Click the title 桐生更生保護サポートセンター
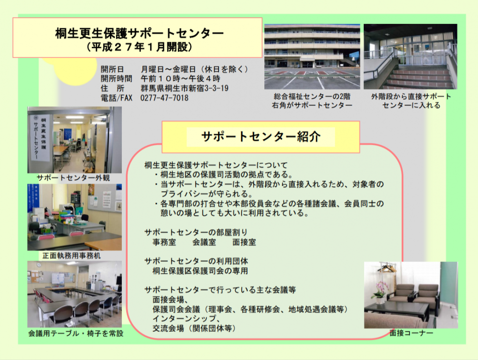[139, 33]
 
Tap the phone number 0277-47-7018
[164, 98]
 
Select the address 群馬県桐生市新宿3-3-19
[185, 88]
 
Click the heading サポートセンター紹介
[261, 137]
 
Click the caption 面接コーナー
[411, 333]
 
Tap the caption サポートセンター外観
[73, 178]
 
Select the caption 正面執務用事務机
[72, 255]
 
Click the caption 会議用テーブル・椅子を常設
[76, 334]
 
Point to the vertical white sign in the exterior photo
[40, 138]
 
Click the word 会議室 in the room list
[204, 242]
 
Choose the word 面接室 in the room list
[244, 242]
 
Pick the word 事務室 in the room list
[164, 242]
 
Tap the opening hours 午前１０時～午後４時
[180, 78]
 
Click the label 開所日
[112, 69]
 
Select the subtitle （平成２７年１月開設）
[140, 47]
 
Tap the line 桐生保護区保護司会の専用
[200, 271]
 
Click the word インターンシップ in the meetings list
[184, 318]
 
